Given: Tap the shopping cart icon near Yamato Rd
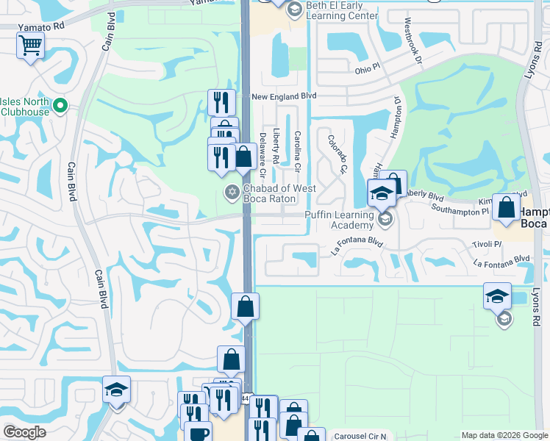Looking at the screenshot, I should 30,46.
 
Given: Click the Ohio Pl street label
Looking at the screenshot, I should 370,70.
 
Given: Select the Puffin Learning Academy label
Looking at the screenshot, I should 341,220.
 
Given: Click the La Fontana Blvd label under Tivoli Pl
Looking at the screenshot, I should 501,260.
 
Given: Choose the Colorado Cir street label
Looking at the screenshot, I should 337,154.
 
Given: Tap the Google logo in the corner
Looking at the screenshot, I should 24,432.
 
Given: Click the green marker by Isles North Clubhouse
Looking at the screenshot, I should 62,107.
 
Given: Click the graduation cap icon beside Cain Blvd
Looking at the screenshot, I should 116,389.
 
